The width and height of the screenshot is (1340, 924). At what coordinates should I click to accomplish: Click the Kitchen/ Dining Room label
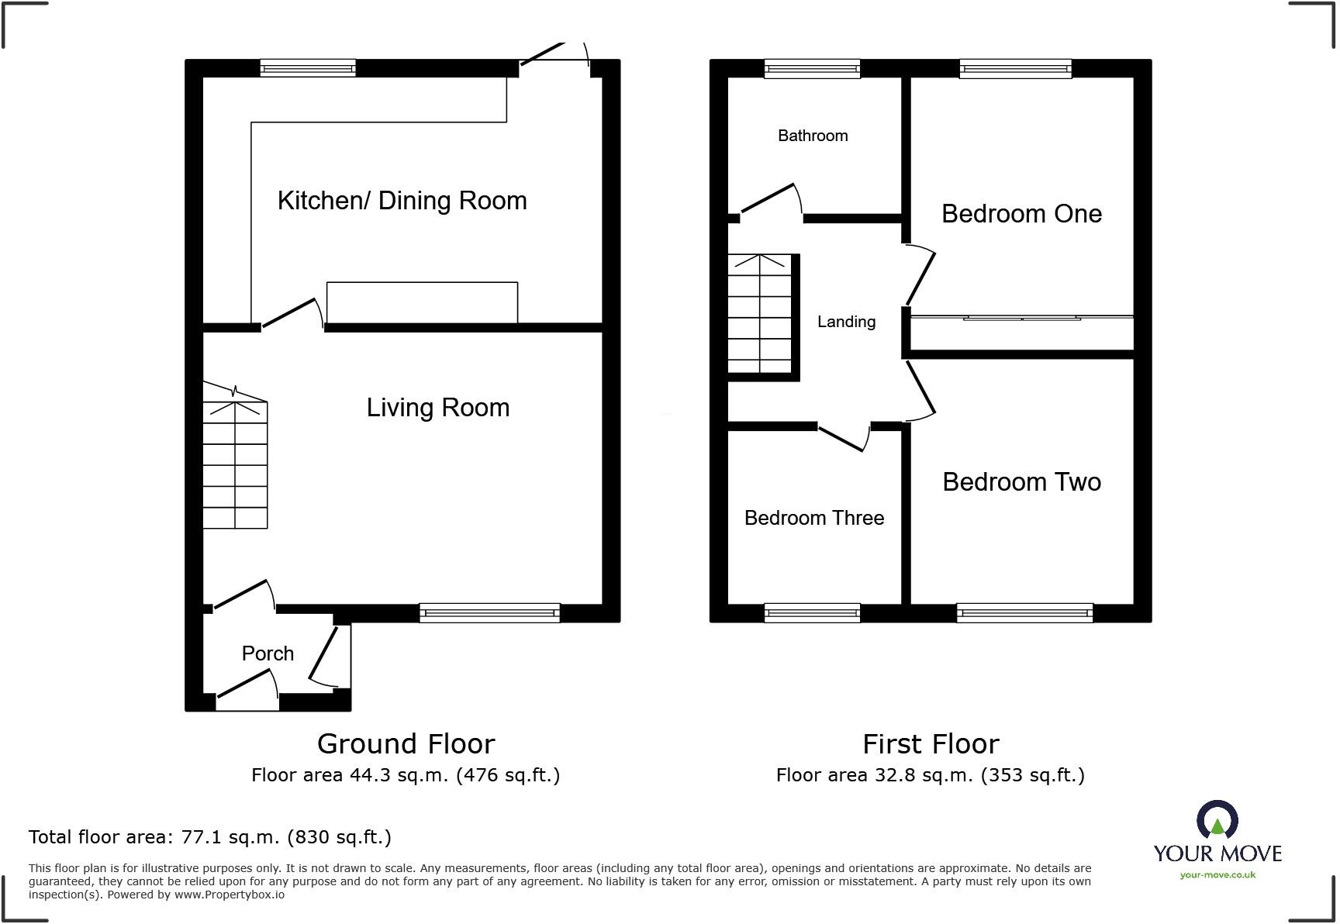tap(402, 201)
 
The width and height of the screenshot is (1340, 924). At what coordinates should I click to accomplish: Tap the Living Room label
tap(437, 408)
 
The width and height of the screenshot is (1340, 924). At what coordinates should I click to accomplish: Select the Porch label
tap(268, 653)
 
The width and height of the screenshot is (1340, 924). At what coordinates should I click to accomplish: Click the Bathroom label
tap(813, 136)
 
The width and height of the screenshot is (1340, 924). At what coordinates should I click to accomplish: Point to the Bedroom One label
tap(1021, 214)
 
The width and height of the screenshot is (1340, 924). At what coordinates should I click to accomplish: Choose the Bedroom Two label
tap(1021, 482)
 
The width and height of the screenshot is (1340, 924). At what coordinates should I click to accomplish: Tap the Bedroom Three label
tap(813, 518)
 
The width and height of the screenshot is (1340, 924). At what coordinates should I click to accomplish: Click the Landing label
tap(846, 322)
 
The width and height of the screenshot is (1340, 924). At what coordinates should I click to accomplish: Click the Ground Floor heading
tap(406, 744)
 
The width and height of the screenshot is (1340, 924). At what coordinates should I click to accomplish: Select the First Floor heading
tap(931, 744)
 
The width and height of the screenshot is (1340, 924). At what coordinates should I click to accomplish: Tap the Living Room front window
tap(489, 613)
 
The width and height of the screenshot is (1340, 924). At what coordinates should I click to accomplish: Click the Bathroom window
tap(812, 69)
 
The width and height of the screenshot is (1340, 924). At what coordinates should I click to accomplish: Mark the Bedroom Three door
tap(843, 438)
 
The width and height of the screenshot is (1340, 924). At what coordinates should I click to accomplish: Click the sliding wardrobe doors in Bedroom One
tap(1022, 318)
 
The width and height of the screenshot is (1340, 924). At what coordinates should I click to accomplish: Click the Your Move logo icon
tap(1217, 820)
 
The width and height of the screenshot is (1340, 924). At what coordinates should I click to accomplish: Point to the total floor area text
tap(209, 837)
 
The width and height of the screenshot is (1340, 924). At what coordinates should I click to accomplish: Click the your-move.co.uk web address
tap(1217, 875)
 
